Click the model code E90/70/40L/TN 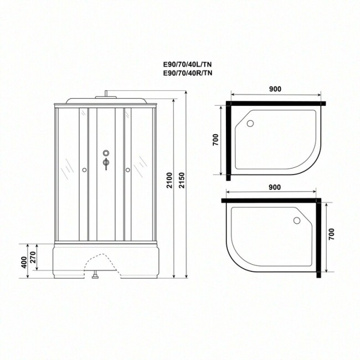pyautogui.click(x=187, y=64)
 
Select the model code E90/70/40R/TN pyautogui.click(x=188, y=73)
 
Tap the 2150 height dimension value pyautogui.click(x=182, y=180)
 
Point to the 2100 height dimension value pyautogui.click(x=169, y=180)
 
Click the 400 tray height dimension pyautogui.click(x=24, y=263)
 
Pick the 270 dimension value pyautogui.click(x=33, y=258)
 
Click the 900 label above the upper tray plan pyautogui.click(x=275, y=89)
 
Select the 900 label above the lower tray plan pyautogui.click(x=274, y=187)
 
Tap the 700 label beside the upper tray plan pyautogui.click(x=215, y=140)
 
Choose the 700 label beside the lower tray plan pyautogui.click(x=331, y=234)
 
